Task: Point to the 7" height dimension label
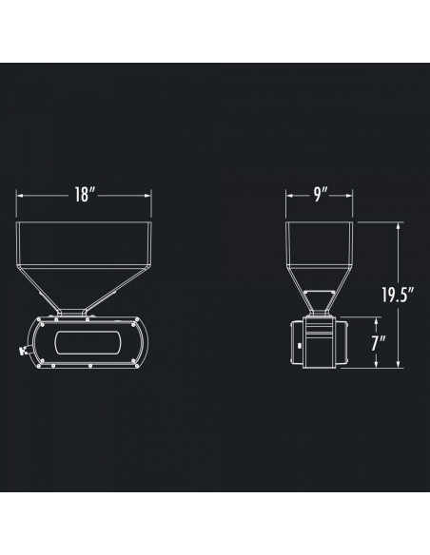click(380, 343)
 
